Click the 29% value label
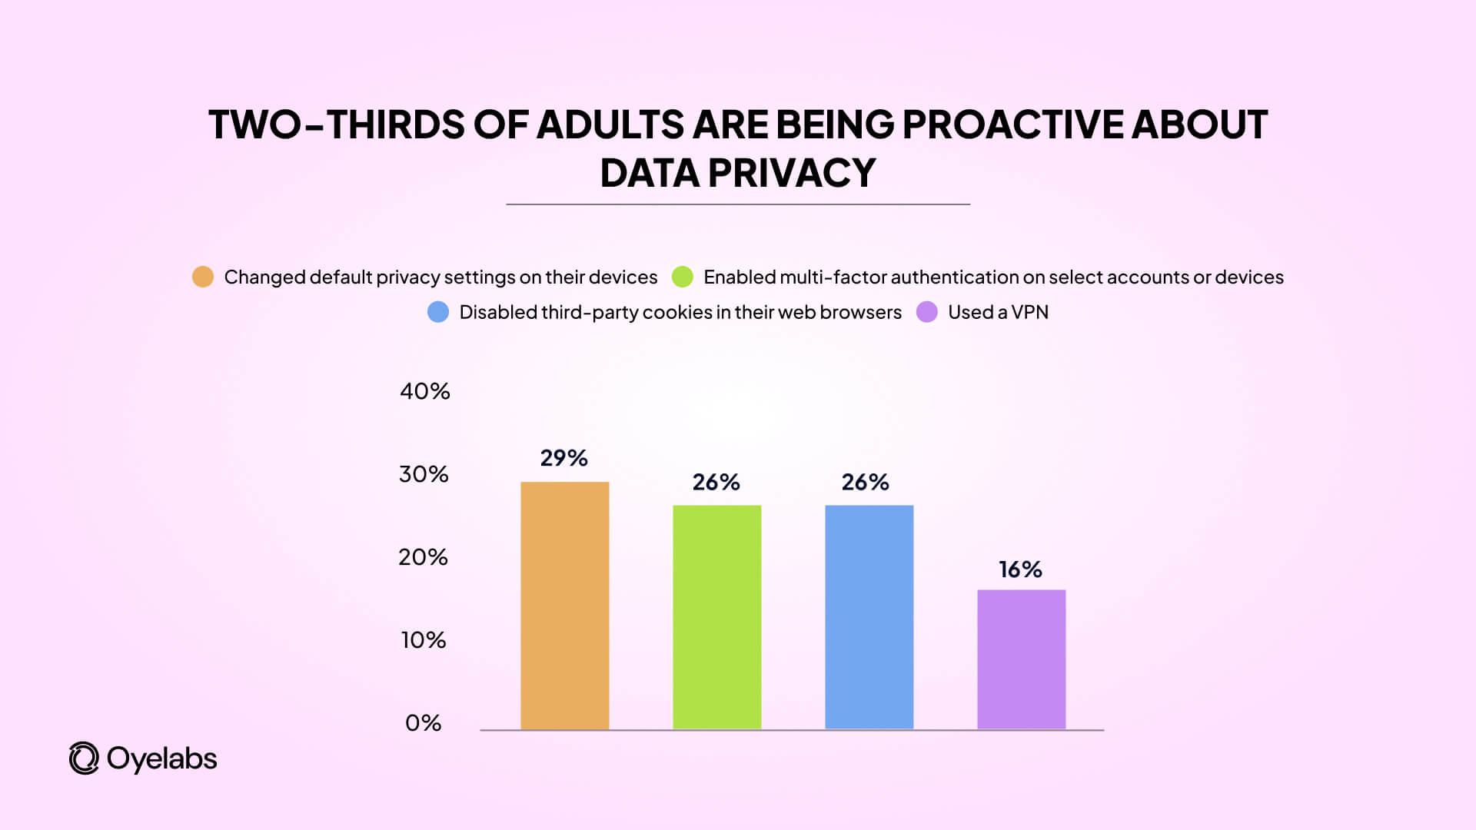[x=563, y=458]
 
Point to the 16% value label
[x=1020, y=569]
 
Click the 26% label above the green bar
[x=716, y=482]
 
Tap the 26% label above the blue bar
[x=865, y=482]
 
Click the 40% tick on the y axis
[x=424, y=391]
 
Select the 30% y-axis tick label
[x=424, y=474]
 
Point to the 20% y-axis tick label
[x=423, y=557]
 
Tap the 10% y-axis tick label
[x=423, y=640]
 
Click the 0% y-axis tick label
[x=423, y=723]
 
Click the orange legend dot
[x=203, y=277]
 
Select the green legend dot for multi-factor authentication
[x=683, y=277]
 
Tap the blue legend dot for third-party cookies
[x=438, y=312]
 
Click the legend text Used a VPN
[x=998, y=312]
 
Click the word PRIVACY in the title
[x=791, y=173]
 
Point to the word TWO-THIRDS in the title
[x=336, y=124]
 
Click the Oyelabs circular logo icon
[x=84, y=759]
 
